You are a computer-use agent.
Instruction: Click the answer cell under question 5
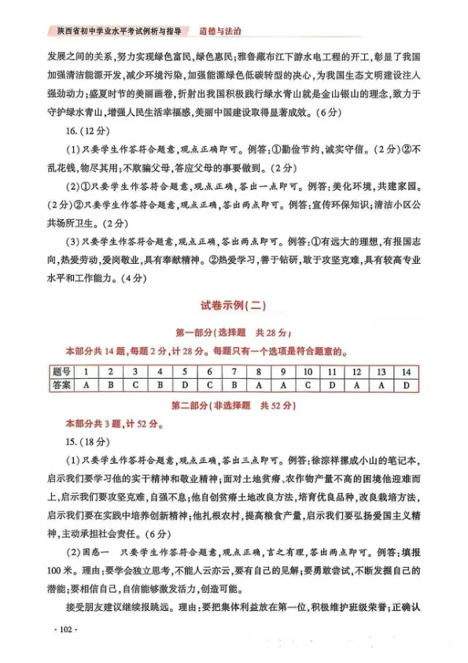[185, 386]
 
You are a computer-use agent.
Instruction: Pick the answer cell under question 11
[332, 386]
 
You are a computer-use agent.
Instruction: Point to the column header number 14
[406, 372]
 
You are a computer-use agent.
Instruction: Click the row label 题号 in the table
[62, 372]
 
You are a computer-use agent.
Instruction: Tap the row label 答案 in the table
[62, 386]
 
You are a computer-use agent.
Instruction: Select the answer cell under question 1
[86, 386]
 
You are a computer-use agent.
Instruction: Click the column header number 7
[234, 372]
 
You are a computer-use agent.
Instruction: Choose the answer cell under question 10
[308, 386]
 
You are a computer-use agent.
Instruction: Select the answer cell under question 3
[135, 386]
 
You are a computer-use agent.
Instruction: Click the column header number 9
[283, 372]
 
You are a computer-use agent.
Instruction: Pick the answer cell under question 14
[406, 386]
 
